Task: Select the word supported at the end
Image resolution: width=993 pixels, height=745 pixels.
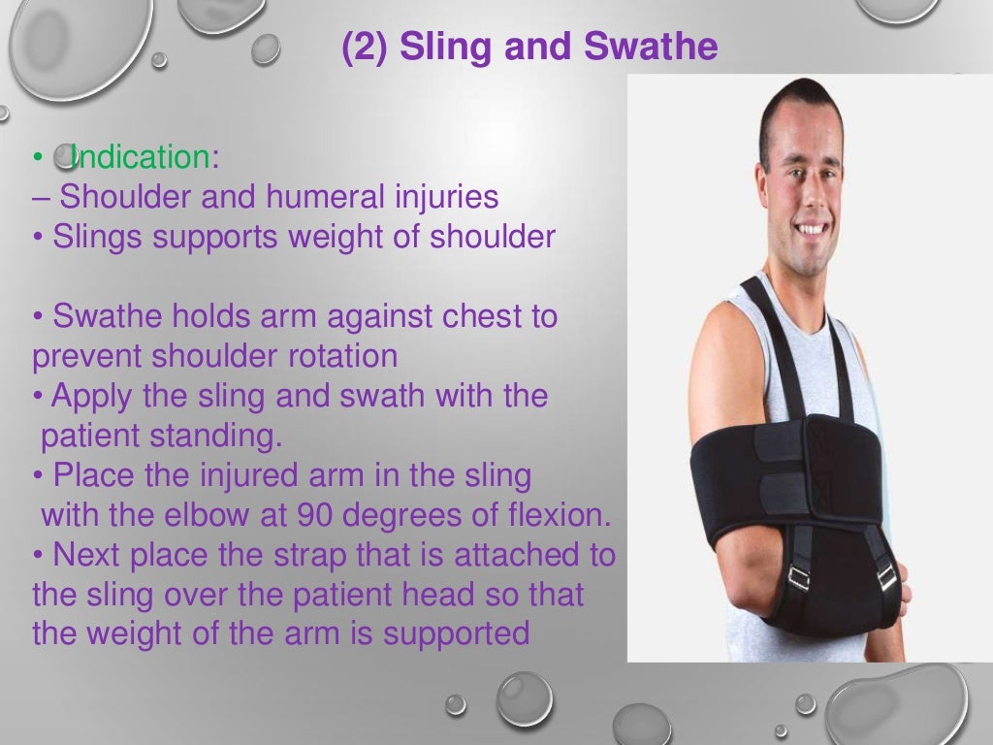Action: pos(456,634)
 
